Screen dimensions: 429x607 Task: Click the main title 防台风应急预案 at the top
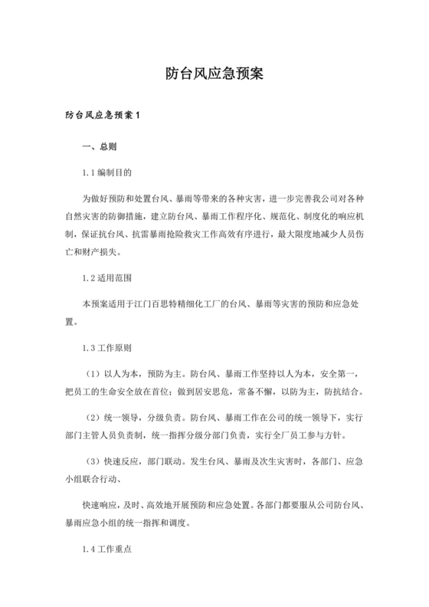215,74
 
